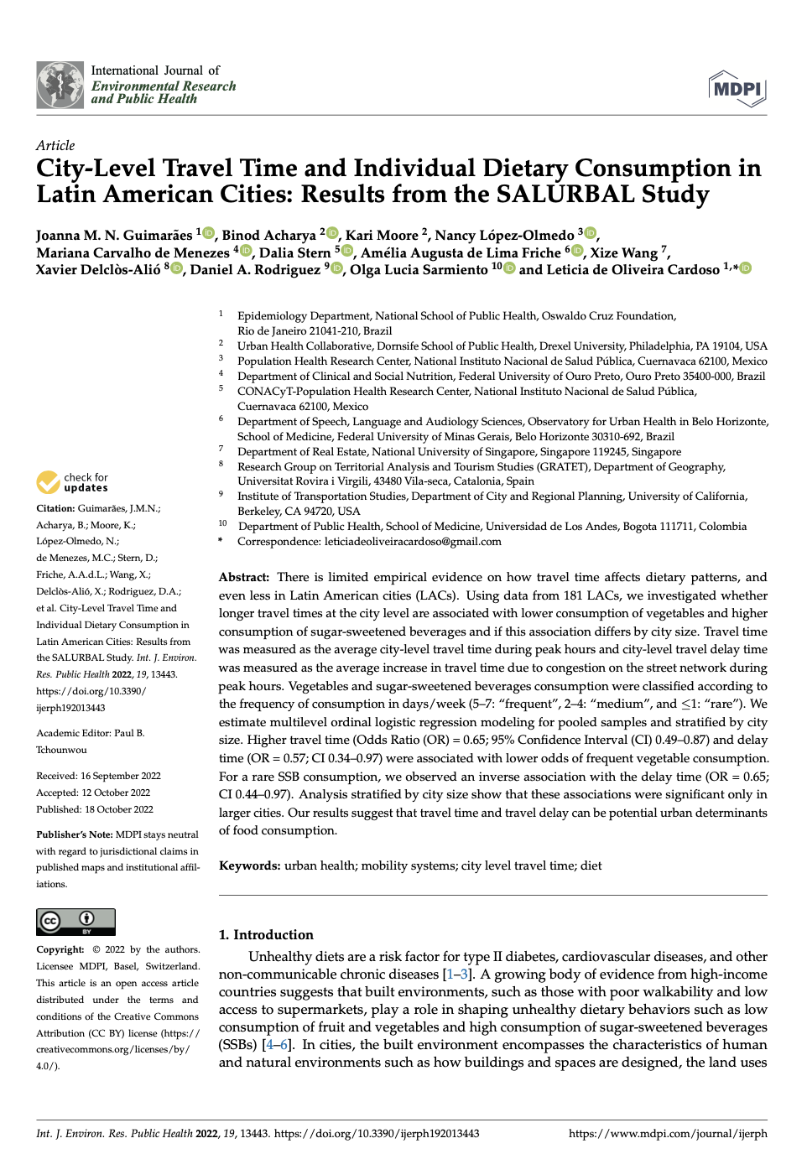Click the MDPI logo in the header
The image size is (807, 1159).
(x=737, y=89)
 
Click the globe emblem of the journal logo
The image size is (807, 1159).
(x=60, y=85)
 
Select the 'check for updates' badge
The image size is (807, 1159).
(x=72, y=482)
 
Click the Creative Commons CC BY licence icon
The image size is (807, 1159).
(x=75, y=921)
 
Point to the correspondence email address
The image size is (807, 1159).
(x=413, y=542)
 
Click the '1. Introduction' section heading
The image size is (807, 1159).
(x=266, y=934)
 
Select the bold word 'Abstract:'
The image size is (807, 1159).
(x=244, y=577)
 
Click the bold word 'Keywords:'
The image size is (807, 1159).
(x=249, y=865)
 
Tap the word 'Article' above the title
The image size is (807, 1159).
(x=55, y=146)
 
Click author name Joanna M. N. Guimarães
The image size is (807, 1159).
(x=114, y=236)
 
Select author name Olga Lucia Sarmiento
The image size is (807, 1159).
(x=419, y=270)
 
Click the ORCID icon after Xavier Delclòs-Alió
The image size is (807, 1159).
(x=177, y=268)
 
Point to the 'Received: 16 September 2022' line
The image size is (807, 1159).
(x=98, y=776)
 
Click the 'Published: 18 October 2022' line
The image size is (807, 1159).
(x=95, y=809)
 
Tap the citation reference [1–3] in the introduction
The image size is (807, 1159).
(x=458, y=974)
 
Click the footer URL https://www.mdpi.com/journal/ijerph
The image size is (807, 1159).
(x=668, y=1134)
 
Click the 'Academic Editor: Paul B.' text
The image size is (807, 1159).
(x=91, y=733)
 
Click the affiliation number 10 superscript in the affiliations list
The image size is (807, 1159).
(x=222, y=523)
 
